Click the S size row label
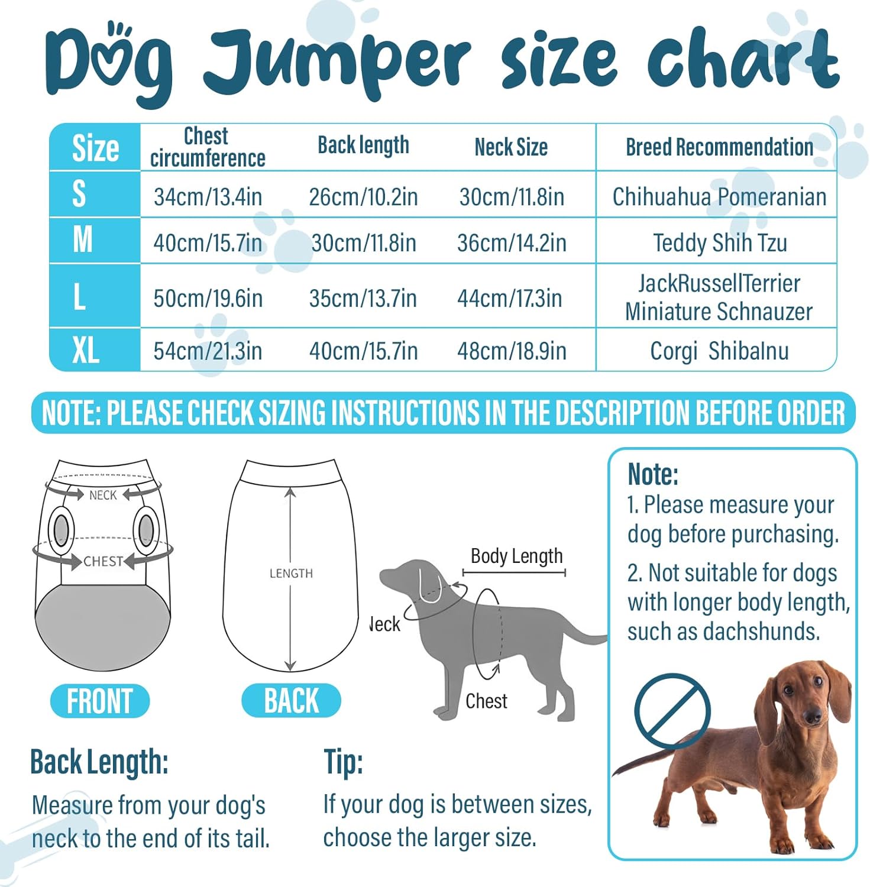coord(79,194)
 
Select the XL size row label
coord(86,350)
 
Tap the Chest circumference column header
coord(208,147)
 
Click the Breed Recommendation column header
coord(719,147)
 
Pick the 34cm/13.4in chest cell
coord(208,197)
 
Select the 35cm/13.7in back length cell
coord(363,299)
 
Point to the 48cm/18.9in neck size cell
coord(512,351)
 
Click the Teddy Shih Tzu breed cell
coord(720,243)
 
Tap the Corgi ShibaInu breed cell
coord(719,351)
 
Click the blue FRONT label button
coord(100,701)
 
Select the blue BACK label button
coord(291,701)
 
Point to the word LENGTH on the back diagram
coord(291,574)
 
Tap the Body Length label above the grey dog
coord(516,556)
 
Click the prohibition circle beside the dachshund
coord(672,711)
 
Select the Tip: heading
coord(343,762)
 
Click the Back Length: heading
coord(99,762)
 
